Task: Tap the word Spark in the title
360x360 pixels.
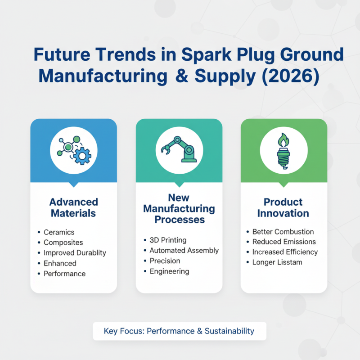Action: pyautogui.click(x=207, y=54)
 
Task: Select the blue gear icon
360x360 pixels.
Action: pyautogui.click(x=82, y=156)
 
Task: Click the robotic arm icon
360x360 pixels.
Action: pyautogui.click(x=179, y=149)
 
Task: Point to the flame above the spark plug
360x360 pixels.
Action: pyautogui.click(x=283, y=140)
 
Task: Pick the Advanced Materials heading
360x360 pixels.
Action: pyautogui.click(x=74, y=207)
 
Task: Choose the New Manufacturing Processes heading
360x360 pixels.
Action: pyautogui.click(x=179, y=208)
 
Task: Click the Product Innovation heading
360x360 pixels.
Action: pyautogui.click(x=283, y=207)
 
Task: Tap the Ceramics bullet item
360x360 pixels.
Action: pyautogui.click(x=59, y=232)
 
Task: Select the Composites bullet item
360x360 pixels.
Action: pyautogui.click(x=63, y=243)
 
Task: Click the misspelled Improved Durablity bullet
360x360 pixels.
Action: pyautogui.click(x=75, y=253)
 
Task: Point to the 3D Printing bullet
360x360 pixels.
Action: pyautogui.click(x=168, y=240)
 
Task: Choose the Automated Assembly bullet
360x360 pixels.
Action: pyautogui.click(x=184, y=251)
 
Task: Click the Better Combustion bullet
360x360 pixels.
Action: pyautogui.click(x=283, y=232)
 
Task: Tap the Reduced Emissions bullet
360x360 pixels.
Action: pyautogui.click(x=284, y=242)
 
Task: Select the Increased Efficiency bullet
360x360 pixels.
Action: pyautogui.click(x=285, y=252)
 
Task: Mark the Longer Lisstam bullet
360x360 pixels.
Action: pyautogui.click(x=277, y=262)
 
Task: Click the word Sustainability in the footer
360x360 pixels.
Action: pyautogui.click(x=229, y=331)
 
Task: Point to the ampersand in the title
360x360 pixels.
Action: pyautogui.click(x=182, y=76)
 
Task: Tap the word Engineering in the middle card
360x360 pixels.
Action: pyautogui.click(x=170, y=271)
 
